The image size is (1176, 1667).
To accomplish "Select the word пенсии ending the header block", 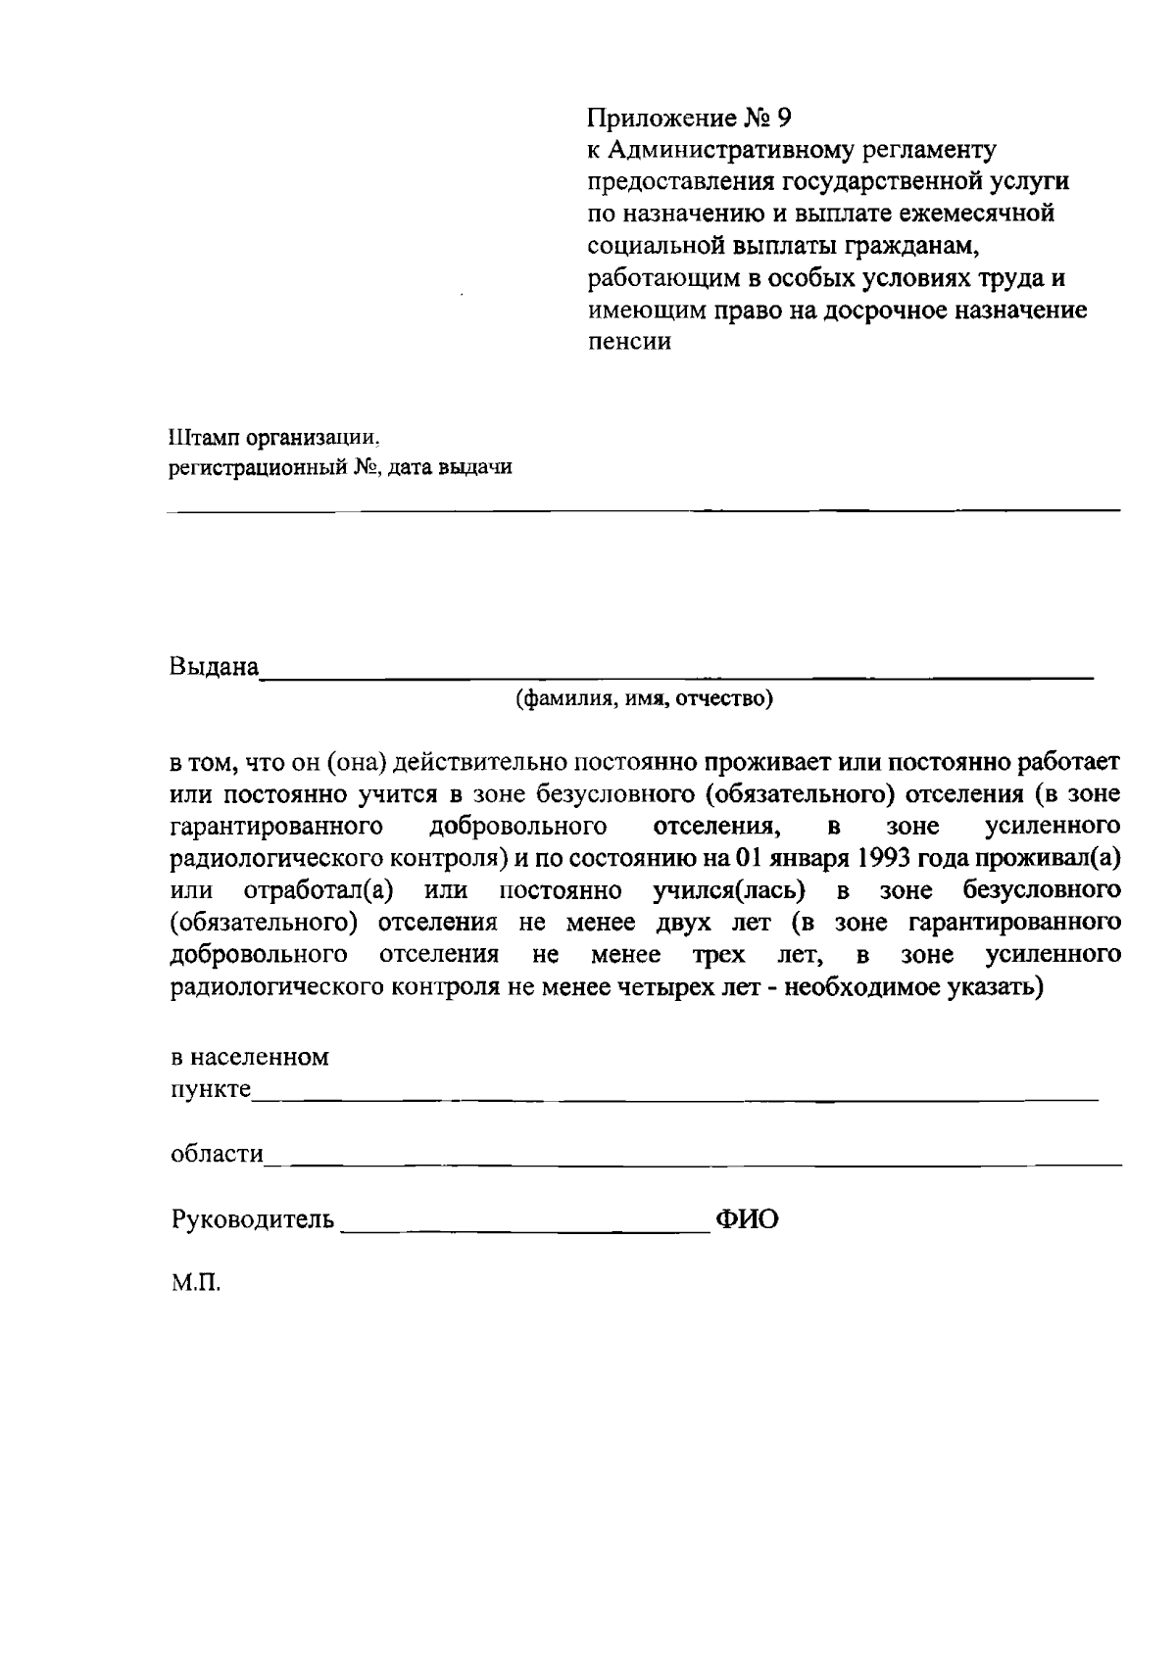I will point(629,343).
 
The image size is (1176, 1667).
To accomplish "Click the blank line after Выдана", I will point(676,674).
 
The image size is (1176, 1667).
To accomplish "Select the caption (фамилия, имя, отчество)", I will point(645,699).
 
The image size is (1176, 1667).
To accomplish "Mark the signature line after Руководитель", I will point(524,1230).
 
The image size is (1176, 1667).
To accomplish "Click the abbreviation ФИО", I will point(748,1219).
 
